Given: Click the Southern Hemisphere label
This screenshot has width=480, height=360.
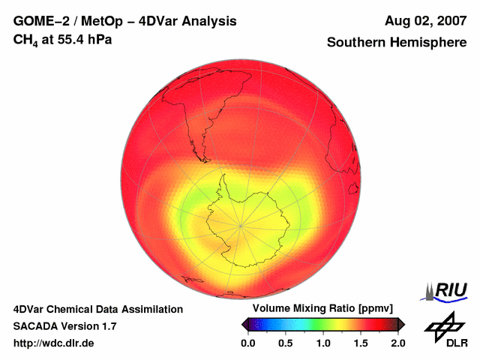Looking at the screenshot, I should pyautogui.click(x=397, y=43).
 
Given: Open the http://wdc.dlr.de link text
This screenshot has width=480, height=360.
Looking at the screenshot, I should pyautogui.click(x=54, y=343).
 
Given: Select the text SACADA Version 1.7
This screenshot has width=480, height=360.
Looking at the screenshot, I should pyautogui.click(x=64, y=326).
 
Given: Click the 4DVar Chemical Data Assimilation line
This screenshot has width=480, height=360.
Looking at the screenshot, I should pyautogui.click(x=97, y=309).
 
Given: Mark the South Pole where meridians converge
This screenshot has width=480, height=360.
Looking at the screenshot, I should pyautogui.click(x=241, y=224).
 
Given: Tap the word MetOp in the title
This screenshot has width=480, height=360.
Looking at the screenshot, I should pyautogui.click(x=106, y=22).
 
